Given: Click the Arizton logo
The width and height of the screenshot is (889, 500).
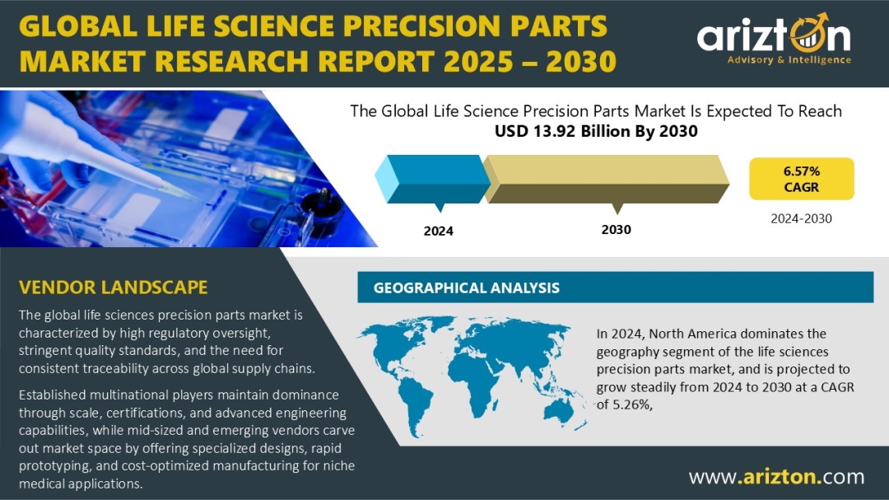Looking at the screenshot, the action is click(x=774, y=39).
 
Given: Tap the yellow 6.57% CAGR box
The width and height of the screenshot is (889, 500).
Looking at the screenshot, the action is click(x=801, y=179).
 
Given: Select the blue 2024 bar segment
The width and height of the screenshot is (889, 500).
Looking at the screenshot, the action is click(x=433, y=179).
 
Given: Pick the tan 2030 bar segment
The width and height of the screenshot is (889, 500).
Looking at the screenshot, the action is click(x=606, y=179).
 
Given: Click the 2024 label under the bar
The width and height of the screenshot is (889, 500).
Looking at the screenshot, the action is click(x=438, y=231).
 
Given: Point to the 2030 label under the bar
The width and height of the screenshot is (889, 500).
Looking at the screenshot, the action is click(x=617, y=230).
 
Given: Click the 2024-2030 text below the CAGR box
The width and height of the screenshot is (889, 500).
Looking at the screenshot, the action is click(x=801, y=218).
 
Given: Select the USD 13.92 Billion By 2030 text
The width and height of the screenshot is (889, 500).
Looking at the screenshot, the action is click(x=596, y=131).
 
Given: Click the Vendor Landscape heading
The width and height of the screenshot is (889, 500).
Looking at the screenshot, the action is click(x=114, y=287).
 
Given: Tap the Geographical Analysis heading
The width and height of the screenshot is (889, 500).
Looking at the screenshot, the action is click(x=466, y=287).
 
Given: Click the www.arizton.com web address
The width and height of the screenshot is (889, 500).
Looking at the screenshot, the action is click(x=777, y=477).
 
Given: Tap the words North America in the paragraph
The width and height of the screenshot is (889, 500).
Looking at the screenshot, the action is click(x=693, y=334).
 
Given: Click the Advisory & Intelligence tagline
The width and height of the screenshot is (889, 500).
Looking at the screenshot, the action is click(x=789, y=59).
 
